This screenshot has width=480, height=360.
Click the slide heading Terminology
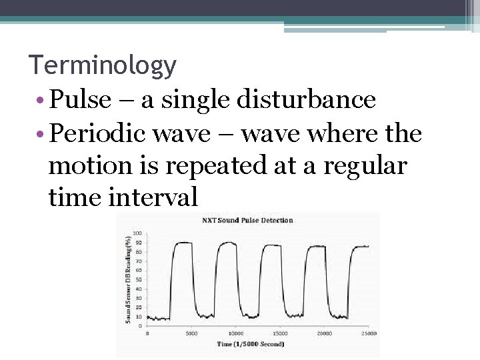pyautogui.click(x=103, y=65)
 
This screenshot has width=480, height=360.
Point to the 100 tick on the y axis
pyautogui.click(x=137, y=233)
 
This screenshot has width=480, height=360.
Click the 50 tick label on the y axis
pyautogui.click(x=138, y=279)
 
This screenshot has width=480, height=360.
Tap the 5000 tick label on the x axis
pyautogui.click(x=191, y=333)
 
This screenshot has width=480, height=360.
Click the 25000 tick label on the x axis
pyautogui.click(x=368, y=333)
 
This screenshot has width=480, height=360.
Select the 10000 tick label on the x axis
pyautogui.click(x=235, y=333)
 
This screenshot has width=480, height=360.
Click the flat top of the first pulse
pyautogui.click(x=183, y=243)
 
